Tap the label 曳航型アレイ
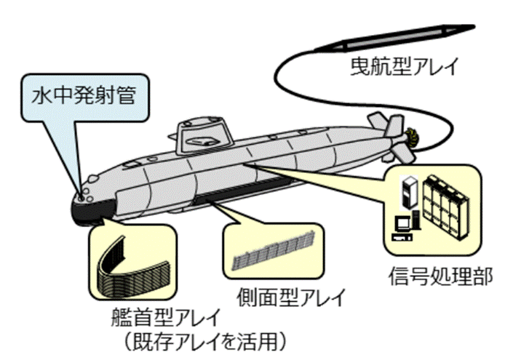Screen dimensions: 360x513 coord(401,68)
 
